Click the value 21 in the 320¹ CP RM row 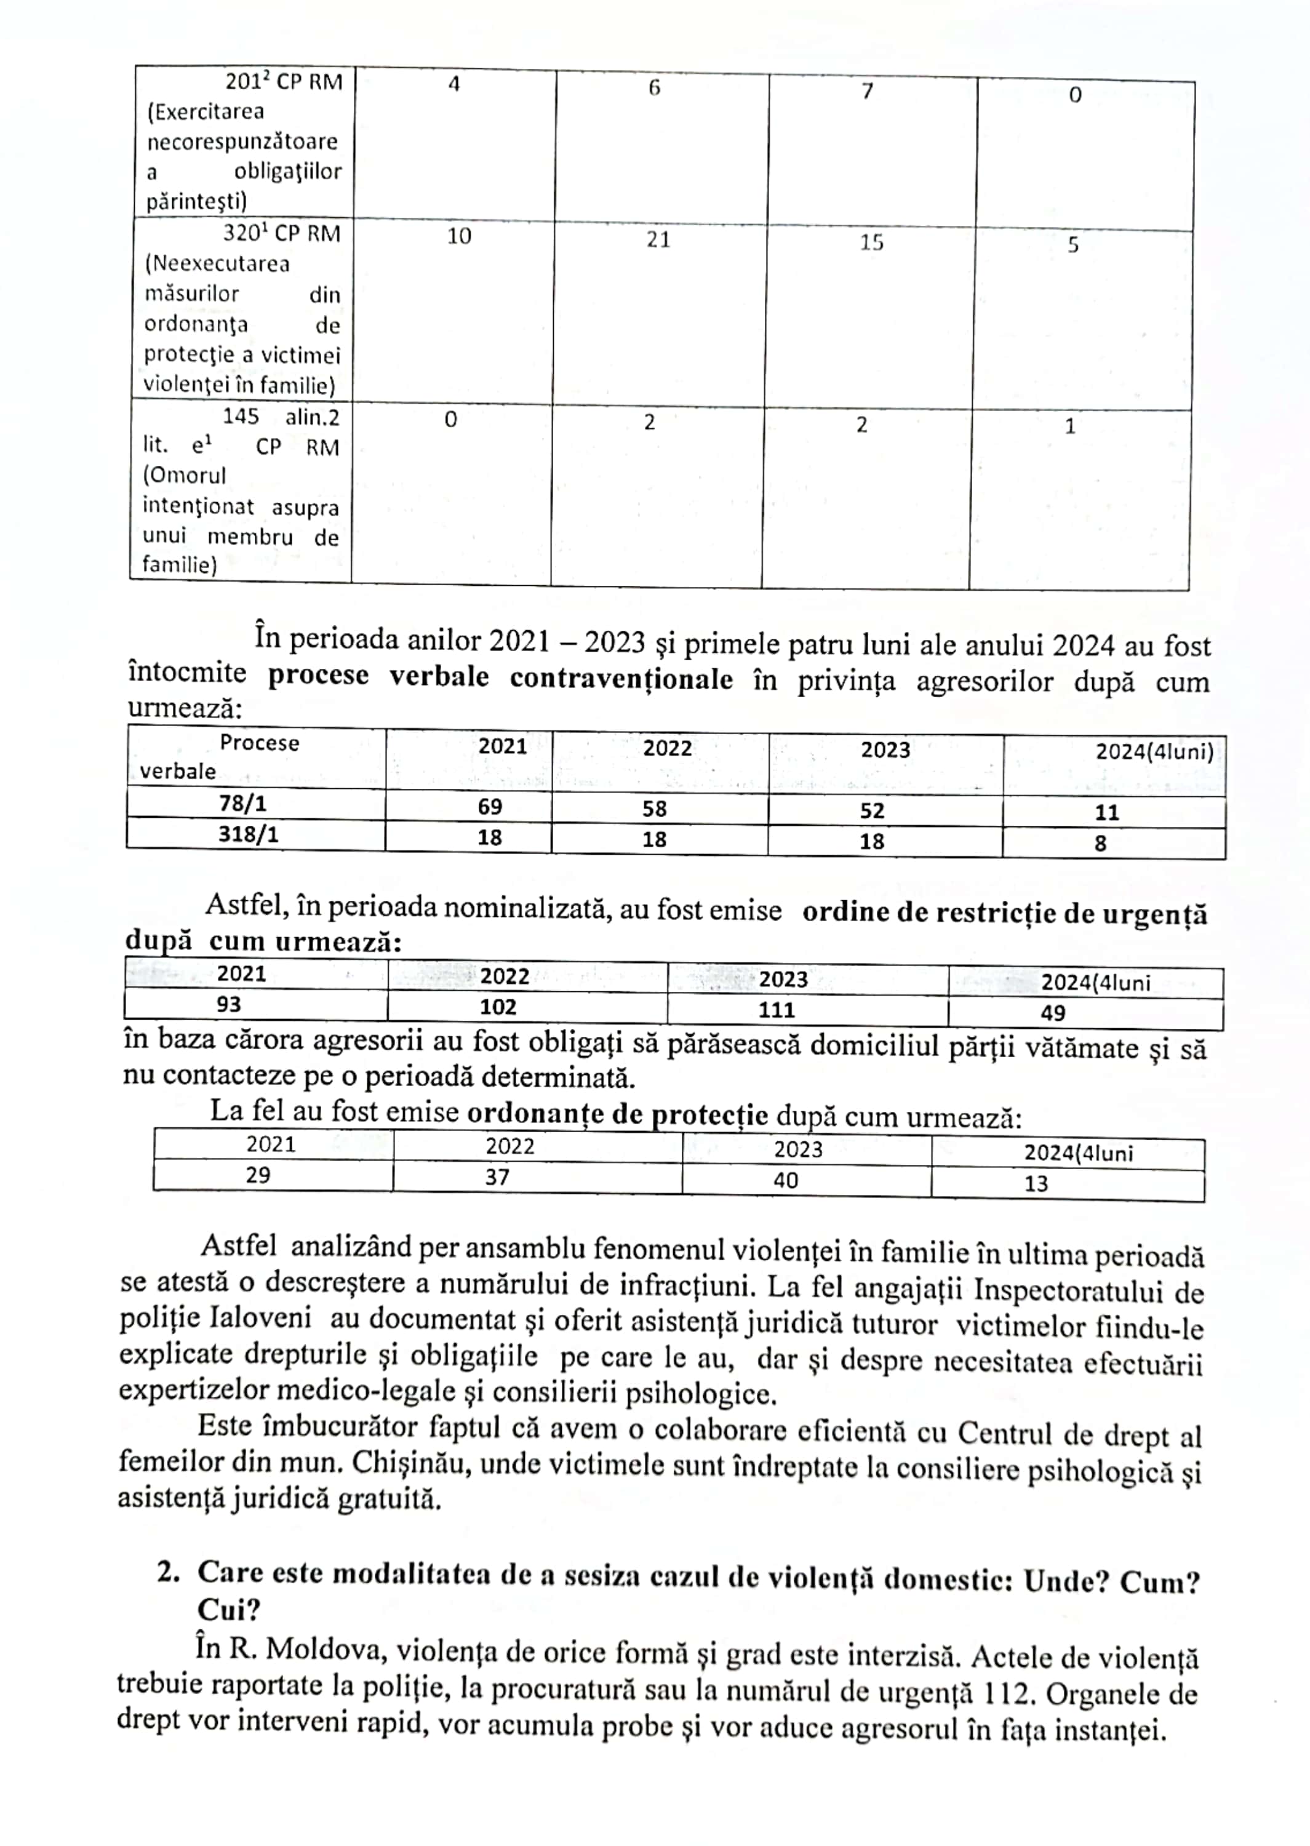pyautogui.click(x=658, y=239)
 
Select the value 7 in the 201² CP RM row pyautogui.click(x=867, y=91)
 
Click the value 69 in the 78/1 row pyautogui.click(x=490, y=807)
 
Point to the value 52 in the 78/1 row pyautogui.click(x=872, y=810)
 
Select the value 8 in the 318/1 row pyautogui.click(x=1100, y=844)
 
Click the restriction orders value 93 pyautogui.click(x=228, y=1004)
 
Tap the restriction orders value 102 pyautogui.click(x=498, y=1007)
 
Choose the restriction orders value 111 pyautogui.click(x=776, y=1010)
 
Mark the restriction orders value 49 pyautogui.click(x=1053, y=1013)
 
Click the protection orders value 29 pyautogui.click(x=258, y=1175)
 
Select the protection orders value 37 pyautogui.click(x=497, y=1177)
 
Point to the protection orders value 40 pyautogui.click(x=786, y=1181)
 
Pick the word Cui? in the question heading pyautogui.click(x=228, y=1610)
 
